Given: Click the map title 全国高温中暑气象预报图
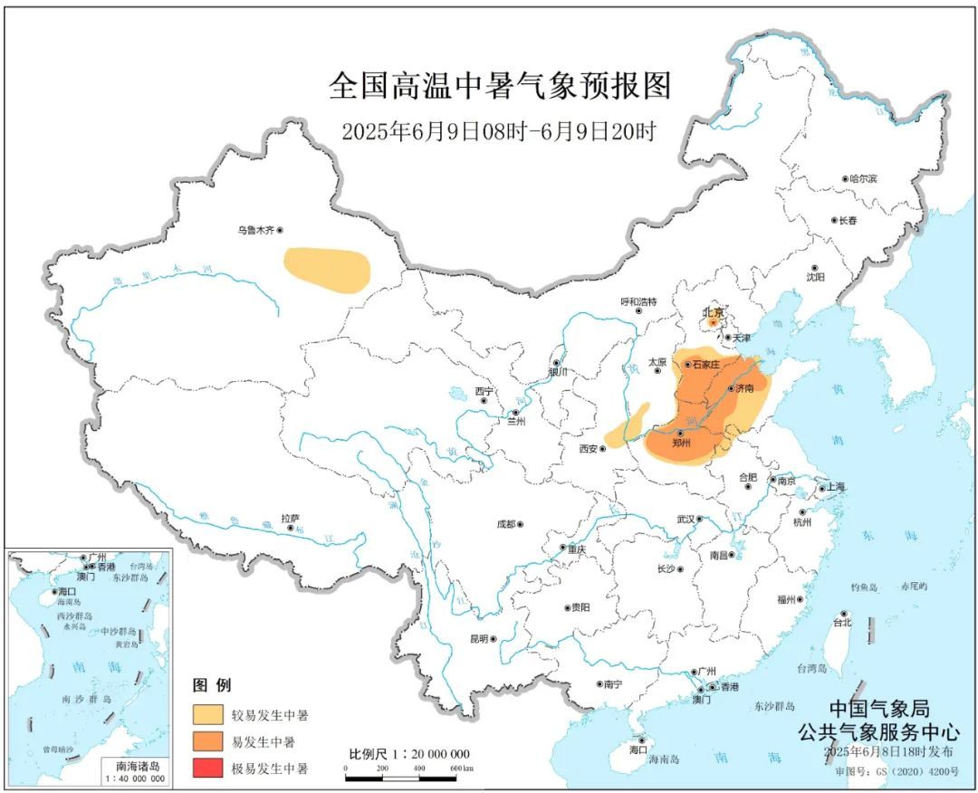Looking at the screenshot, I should [500, 87].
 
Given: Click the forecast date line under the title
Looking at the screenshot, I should [498, 130].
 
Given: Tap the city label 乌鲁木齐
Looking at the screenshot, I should [255, 231].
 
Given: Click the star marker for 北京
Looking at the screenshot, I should [714, 321].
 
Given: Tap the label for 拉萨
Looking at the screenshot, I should [289, 519].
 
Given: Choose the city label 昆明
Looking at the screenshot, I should [477, 638].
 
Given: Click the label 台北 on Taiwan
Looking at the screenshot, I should [841, 623].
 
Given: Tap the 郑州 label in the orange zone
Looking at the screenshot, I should [681, 444].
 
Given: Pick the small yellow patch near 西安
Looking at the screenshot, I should [627, 425].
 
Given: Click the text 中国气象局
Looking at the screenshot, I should [878, 709].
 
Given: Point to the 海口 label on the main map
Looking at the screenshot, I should [638, 750].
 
